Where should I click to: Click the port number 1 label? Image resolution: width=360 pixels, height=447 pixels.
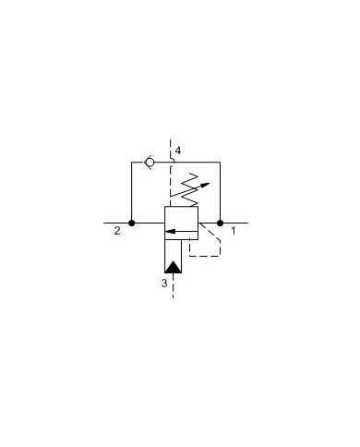tap(233, 232)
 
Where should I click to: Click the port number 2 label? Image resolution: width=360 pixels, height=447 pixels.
tap(117, 232)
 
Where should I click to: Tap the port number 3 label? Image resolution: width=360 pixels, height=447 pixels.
tap(164, 284)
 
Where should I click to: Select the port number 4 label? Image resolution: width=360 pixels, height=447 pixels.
tap(180, 150)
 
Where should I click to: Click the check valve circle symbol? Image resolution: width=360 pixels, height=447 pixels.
tap(150, 163)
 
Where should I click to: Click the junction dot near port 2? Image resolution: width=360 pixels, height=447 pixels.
tap(131, 223)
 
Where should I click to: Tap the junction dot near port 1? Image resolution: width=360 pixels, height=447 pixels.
tap(221, 223)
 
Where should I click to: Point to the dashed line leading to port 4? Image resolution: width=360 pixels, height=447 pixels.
tap(172, 149)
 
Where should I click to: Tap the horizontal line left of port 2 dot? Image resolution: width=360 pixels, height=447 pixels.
tap(115, 223)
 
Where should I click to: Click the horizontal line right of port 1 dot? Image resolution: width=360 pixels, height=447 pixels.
tap(238, 223)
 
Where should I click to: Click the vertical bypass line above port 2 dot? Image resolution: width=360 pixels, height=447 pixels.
tap(131, 192)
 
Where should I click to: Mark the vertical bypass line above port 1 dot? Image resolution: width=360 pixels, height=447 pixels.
tap(221, 192)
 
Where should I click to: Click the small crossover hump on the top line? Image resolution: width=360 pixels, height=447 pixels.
tap(173, 162)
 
